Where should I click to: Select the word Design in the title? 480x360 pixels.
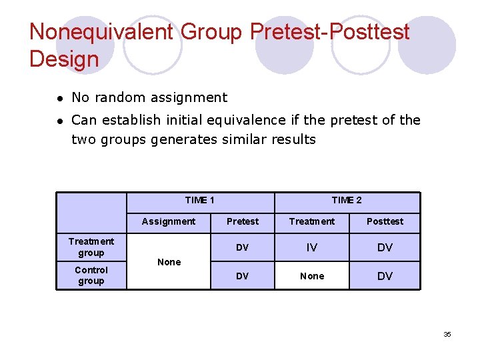click(64, 59)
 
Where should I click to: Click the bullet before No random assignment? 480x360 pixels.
click(59, 98)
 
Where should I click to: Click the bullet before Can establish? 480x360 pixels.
click(59, 121)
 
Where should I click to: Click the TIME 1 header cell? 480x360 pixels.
click(199, 200)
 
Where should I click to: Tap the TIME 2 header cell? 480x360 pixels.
click(347, 200)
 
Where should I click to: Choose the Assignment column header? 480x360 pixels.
click(169, 221)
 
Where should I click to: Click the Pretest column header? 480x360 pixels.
click(243, 221)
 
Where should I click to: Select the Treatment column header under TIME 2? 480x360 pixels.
click(311, 221)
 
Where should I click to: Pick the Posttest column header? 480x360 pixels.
click(385, 221)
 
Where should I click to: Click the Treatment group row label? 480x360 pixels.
click(91, 247)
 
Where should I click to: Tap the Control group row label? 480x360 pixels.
click(91, 275)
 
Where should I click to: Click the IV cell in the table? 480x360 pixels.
click(311, 247)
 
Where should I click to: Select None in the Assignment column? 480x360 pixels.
click(169, 262)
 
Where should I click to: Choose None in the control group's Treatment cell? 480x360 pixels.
click(311, 276)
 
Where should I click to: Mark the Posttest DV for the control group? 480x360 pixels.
click(385, 276)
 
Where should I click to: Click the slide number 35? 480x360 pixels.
click(447, 334)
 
